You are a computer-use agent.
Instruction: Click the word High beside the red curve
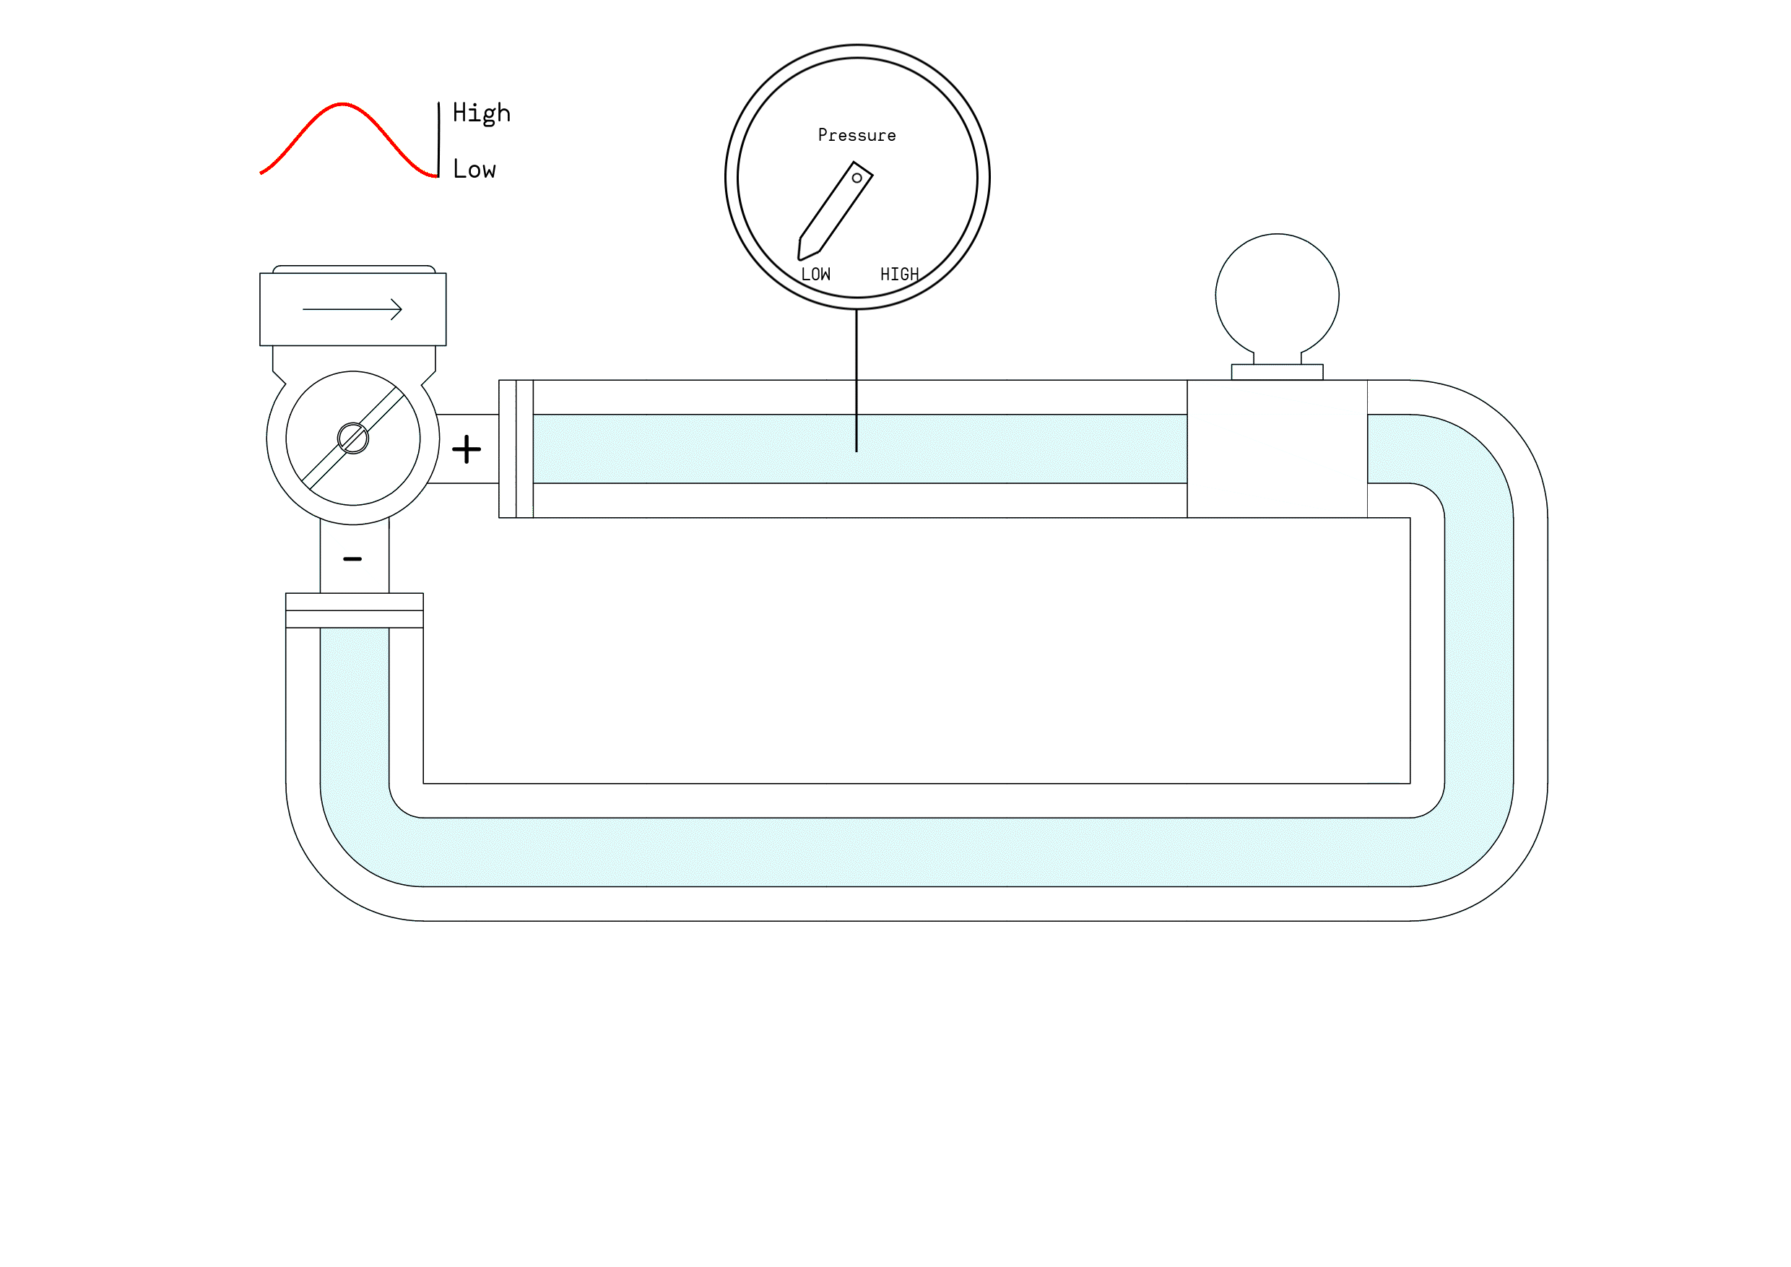click(481, 113)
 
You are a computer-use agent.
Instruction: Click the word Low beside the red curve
click(474, 169)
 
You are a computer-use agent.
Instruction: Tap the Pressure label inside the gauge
click(857, 136)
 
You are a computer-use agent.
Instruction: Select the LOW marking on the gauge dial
click(816, 274)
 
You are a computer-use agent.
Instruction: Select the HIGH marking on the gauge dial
click(899, 274)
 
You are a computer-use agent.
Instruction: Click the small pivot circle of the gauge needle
click(857, 178)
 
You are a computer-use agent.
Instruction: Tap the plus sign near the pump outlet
click(467, 449)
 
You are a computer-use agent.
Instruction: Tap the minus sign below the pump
click(352, 559)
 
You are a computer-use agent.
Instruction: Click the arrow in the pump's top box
click(352, 310)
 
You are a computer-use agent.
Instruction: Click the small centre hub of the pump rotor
click(352, 438)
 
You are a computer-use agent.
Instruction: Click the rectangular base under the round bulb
click(1277, 372)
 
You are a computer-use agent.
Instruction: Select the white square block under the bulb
click(1277, 449)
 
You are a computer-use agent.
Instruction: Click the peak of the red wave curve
click(342, 104)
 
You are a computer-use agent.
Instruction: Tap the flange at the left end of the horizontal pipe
click(516, 449)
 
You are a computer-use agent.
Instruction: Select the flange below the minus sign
click(354, 611)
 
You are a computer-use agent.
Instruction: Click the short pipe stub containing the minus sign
click(354, 574)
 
